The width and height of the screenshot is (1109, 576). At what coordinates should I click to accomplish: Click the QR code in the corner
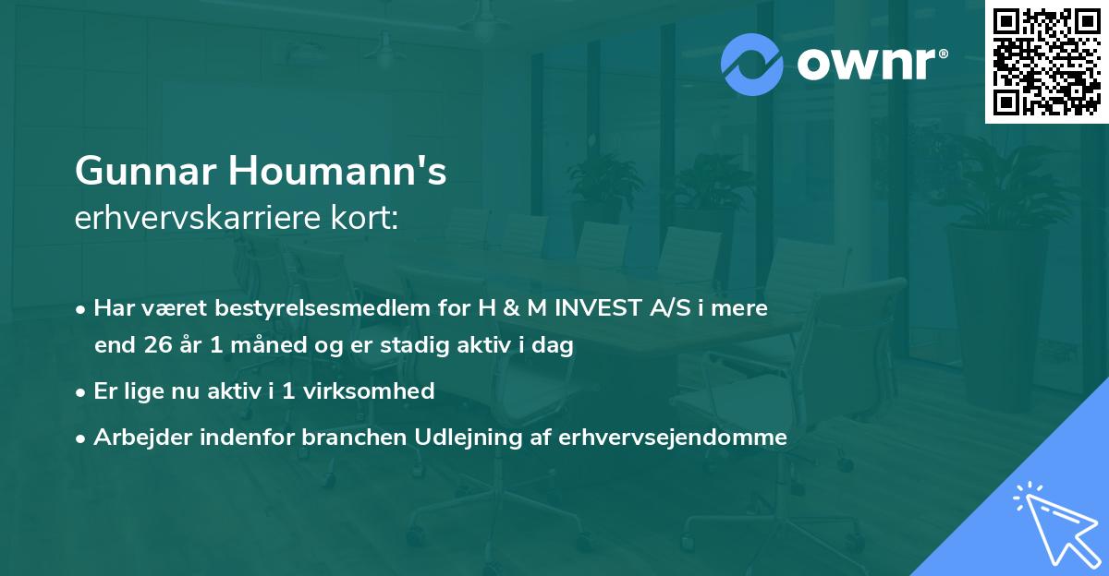point(1046,62)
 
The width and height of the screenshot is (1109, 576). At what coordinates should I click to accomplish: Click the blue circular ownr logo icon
point(753,64)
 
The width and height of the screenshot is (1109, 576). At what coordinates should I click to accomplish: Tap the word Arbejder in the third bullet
point(137,438)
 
